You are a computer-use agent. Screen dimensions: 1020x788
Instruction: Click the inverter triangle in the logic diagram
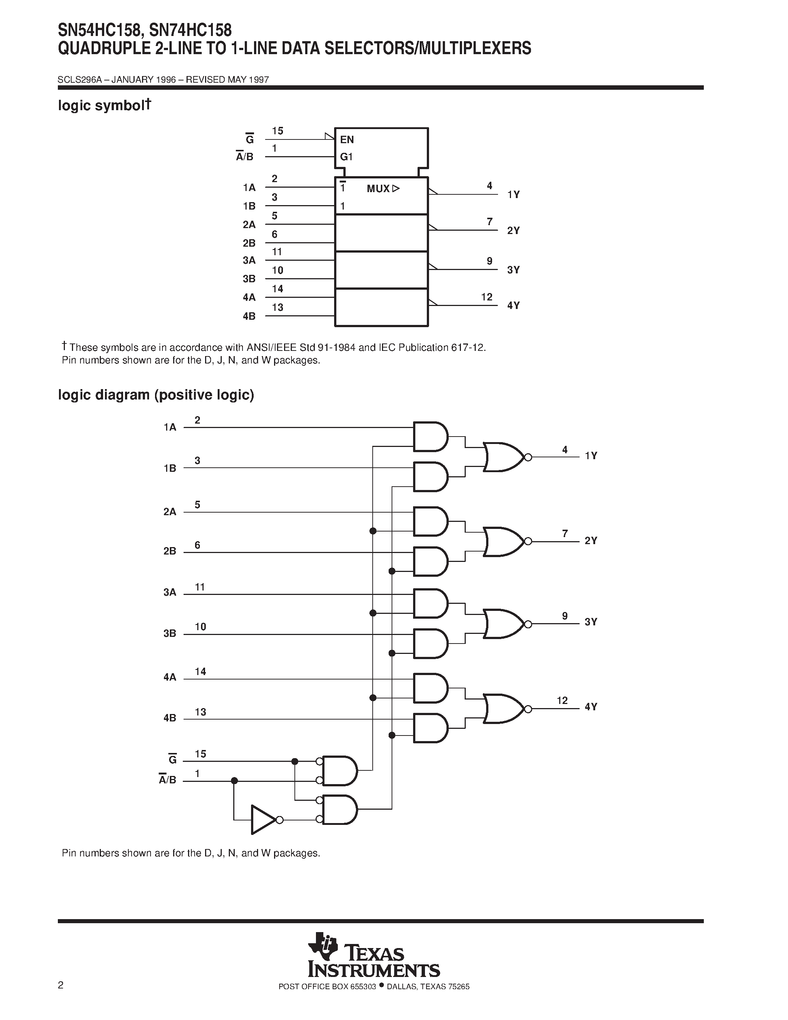pyautogui.click(x=262, y=820)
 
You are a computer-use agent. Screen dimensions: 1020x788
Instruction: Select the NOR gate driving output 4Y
pyautogui.click(x=503, y=709)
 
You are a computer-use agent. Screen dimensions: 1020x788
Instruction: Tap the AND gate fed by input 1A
pyautogui.click(x=430, y=437)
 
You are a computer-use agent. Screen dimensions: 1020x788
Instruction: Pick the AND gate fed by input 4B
pyautogui.click(x=430, y=728)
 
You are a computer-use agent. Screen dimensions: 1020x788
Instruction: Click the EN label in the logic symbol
pyautogui.click(x=347, y=139)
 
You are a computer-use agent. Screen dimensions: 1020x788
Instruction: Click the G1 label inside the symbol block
pyautogui.click(x=346, y=157)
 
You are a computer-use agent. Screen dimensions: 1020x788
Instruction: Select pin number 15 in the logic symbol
pyautogui.click(x=278, y=131)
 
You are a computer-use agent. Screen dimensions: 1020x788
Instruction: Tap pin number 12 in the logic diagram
pyautogui.click(x=562, y=701)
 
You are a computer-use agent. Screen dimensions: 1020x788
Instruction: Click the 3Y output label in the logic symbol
pyautogui.click(x=514, y=270)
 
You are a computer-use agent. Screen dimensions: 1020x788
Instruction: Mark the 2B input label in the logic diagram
pyautogui.click(x=170, y=551)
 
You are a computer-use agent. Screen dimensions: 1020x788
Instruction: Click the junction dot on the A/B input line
pyautogui.click(x=234, y=781)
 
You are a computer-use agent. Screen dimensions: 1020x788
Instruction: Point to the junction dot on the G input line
pyautogui.click(x=294, y=761)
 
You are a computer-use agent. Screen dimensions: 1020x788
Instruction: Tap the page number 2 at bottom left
pyautogui.click(x=61, y=986)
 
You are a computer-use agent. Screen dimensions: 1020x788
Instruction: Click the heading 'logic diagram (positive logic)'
pyautogui.click(x=156, y=395)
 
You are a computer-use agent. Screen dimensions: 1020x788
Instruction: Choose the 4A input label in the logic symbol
pyautogui.click(x=249, y=297)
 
